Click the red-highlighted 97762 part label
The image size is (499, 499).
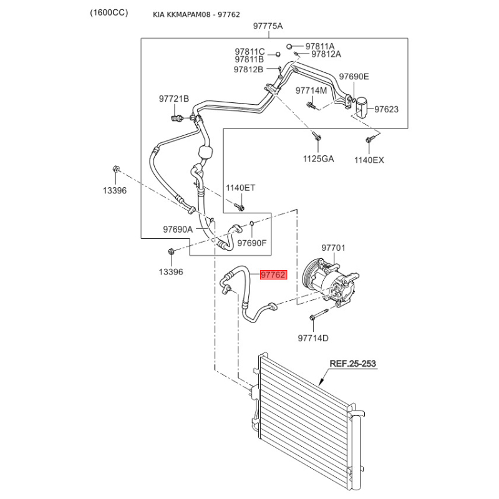click(274, 274)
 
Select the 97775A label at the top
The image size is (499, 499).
click(268, 26)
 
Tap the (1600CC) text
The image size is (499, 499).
click(109, 12)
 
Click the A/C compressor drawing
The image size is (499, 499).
click(330, 283)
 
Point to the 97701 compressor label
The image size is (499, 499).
click(333, 248)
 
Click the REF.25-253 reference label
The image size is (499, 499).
click(352, 364)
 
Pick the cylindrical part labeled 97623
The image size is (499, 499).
click(361, 107)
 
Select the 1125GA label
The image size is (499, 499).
click(318, 158)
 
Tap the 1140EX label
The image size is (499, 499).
click(369, 160)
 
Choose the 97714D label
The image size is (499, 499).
click(313, 338)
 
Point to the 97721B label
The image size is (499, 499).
click(174, 99)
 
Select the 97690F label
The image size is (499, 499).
click(252, 243)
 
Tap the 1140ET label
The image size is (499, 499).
click(241, 188)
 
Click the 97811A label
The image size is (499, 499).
click(320, 46)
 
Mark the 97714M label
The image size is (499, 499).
click(311, 90)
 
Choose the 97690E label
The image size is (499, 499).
click(354, 77)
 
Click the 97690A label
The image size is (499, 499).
click(178, 229)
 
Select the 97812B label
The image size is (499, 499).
click(248, 69)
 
